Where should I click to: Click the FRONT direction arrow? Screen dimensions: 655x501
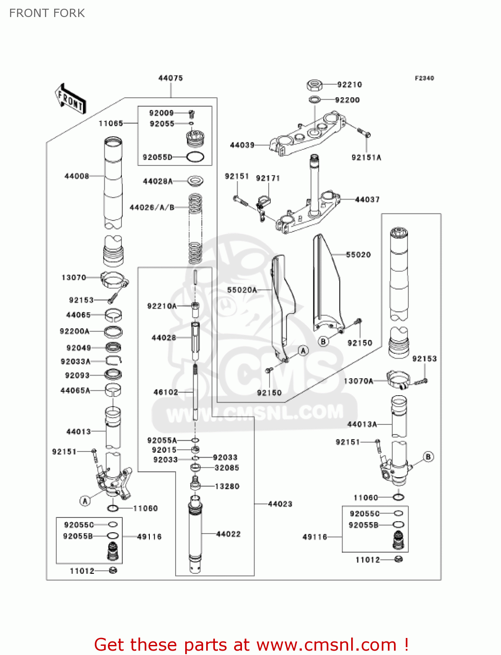pos(70,99)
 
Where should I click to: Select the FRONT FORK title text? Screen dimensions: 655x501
pos(47,13)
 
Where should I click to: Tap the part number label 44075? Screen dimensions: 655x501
pos(170,78)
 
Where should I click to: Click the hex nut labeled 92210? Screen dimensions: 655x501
pos(314,84)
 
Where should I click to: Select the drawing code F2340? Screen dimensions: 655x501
pos(424,78)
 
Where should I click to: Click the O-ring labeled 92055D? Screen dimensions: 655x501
pos(195,157)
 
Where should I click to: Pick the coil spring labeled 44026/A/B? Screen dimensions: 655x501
pos(195,228)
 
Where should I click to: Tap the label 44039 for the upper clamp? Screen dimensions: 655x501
pos(242,145)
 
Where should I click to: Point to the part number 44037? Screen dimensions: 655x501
pos(367,200)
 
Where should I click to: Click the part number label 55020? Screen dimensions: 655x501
pos(358,255)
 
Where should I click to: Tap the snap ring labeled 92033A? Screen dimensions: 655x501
pos(114,361)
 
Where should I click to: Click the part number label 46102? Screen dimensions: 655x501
pos(166,392)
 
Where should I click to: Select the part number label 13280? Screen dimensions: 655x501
pos(227,486)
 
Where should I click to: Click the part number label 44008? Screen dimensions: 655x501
pos(77,176)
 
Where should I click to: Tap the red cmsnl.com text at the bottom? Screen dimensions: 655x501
pos(251,645)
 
